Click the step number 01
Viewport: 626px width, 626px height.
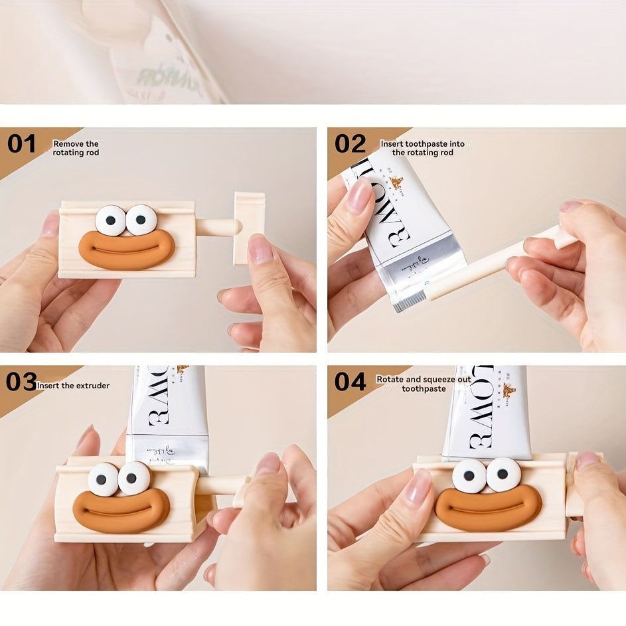[x=21, y=144]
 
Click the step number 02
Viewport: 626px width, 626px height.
[x=350, y=144]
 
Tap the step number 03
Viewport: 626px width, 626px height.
[x=21, y=382]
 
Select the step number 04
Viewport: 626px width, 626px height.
[x=350, y=382]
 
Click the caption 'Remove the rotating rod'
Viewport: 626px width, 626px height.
[x=76, y=148]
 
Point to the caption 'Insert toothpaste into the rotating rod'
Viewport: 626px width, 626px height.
[x=422, y=148]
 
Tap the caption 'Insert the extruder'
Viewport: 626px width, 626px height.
[x=74, y=386]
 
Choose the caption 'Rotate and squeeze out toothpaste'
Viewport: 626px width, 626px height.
[x=424, y=384]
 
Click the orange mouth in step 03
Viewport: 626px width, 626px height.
[x=121, y=510]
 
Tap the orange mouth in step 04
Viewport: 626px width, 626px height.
[x=488, y=509]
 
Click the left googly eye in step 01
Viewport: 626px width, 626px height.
[x=110, y=220]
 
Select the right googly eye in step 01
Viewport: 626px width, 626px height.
[x=141, y=220]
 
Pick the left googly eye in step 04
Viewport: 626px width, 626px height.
[x=470, y=475]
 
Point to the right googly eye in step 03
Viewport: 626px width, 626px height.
[x=134, y=478]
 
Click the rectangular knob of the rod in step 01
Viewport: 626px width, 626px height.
[x=249, y=228]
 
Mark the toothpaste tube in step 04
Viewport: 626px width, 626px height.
[x=488, y=412]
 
